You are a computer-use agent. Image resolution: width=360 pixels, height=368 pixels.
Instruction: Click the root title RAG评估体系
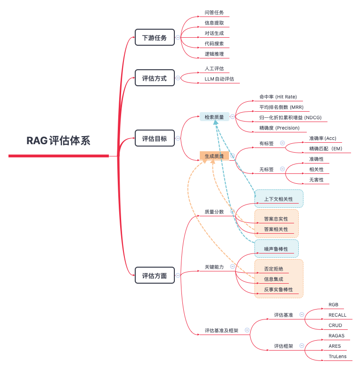click(58, 140)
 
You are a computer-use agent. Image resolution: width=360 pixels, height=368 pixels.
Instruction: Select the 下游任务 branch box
click(155, 38)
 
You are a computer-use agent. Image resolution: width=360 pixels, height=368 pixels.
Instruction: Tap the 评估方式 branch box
click(155, 78)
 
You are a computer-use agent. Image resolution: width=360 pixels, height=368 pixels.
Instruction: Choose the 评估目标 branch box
click(155, 139)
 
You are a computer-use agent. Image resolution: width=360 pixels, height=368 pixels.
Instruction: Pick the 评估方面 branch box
click(155, 276)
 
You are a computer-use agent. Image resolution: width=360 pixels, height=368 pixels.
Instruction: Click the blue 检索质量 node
click(214, 117)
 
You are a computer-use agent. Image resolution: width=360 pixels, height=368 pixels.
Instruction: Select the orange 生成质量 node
click(214, 156)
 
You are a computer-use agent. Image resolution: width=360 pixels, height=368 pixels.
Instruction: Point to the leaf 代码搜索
click(214, 44)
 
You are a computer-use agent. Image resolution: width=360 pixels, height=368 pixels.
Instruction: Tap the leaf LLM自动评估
click(220, 79)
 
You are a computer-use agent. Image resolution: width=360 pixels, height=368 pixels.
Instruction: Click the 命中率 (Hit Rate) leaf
click(278, 97)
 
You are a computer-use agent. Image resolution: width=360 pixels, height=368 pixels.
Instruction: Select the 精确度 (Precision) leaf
click(279, 128)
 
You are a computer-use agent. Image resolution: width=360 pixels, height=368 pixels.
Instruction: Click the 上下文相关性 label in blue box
click(278, 199)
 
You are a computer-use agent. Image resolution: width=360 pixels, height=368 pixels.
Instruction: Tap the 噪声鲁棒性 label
click(276, 249)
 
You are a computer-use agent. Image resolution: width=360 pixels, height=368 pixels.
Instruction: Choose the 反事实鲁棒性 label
click(278, 290)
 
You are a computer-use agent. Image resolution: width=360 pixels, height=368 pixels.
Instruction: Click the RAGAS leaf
click(336, 336)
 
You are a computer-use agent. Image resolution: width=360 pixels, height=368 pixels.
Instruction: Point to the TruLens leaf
click(337, 357)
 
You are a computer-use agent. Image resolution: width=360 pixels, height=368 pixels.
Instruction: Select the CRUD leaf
click(335, 326)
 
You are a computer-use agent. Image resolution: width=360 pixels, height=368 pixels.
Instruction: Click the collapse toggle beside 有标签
click(282, 143)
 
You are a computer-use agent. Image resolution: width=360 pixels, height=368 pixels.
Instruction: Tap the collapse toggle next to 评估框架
click(302, 345)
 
